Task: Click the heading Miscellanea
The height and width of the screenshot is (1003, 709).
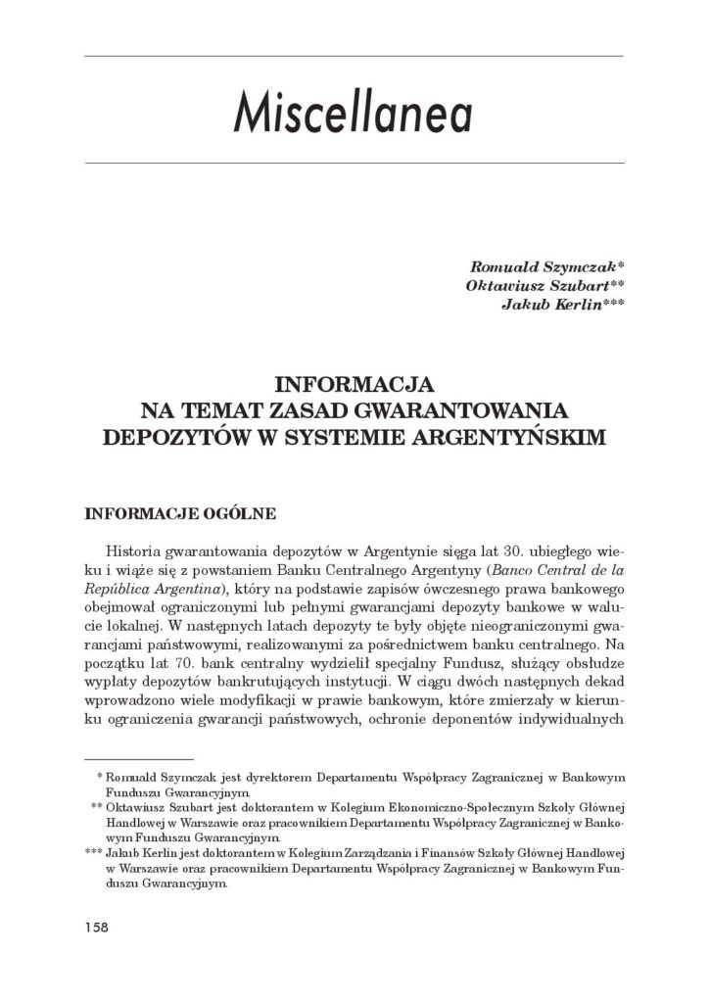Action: tap(353, 115)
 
